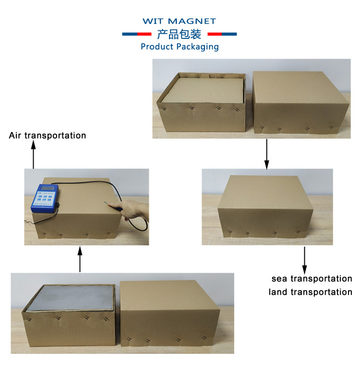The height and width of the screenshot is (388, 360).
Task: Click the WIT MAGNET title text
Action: pos(180,21)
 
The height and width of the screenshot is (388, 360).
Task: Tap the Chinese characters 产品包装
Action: pos(180,34)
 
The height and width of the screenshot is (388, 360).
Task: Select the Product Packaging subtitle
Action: pos(180,47)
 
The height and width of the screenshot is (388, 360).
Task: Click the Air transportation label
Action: pos(48,135)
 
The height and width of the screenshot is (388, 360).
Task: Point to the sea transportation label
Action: pos(312,279)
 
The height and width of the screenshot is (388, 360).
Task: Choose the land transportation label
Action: pos(311,292)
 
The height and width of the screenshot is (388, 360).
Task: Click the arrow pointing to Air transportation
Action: pos(33,156)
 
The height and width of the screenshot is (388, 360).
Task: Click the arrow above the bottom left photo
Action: pos(80,259)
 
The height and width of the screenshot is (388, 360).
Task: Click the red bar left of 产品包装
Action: pos(144,34)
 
